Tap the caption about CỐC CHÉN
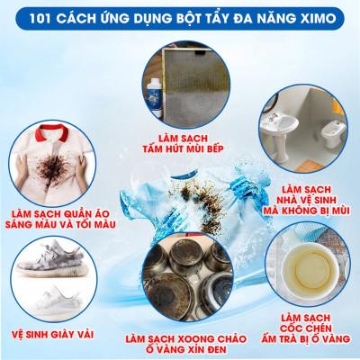coord(306,329)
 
